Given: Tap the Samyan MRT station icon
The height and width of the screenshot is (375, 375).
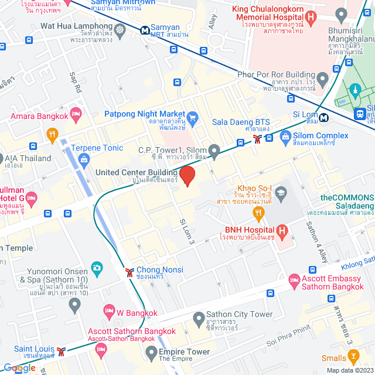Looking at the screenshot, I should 144,29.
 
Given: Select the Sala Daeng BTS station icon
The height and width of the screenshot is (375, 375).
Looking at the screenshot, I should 257,139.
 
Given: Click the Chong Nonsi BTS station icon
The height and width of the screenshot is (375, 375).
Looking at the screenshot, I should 129,271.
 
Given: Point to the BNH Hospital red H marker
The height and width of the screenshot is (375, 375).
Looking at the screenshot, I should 282,231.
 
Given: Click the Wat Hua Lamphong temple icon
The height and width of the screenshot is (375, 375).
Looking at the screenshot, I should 120,29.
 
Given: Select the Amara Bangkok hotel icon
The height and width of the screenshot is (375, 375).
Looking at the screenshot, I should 75,112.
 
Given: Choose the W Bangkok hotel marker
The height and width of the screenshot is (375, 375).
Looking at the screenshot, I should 108,309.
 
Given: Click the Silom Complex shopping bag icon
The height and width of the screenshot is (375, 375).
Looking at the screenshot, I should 285,138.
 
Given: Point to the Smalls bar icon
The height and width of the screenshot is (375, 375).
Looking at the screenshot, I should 353,356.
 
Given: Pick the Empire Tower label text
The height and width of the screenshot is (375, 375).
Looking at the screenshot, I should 184,352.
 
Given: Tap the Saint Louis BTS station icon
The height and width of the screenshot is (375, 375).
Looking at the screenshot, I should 61,352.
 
